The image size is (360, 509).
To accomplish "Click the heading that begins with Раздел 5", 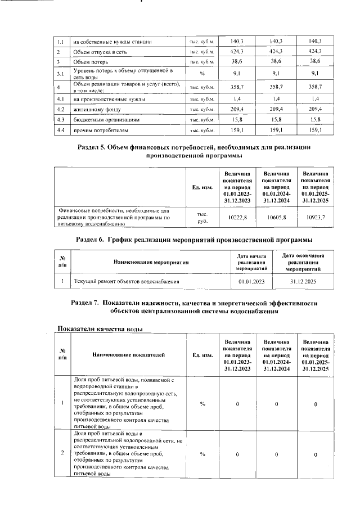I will (193, 151).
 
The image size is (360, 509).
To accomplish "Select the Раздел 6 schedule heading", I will (193, 240).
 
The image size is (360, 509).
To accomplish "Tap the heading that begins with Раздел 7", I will (194, 307).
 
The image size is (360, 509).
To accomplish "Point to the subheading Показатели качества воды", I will (100, 328).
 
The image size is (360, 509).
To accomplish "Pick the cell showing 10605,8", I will (276, 217).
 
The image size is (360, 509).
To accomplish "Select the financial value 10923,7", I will (316, 217).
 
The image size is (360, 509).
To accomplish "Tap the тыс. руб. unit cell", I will (202, 217).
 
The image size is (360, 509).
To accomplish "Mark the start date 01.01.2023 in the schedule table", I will (251, 281).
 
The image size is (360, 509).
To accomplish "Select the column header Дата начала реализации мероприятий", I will (251, 262).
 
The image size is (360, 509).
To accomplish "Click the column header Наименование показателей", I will (129, 355).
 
